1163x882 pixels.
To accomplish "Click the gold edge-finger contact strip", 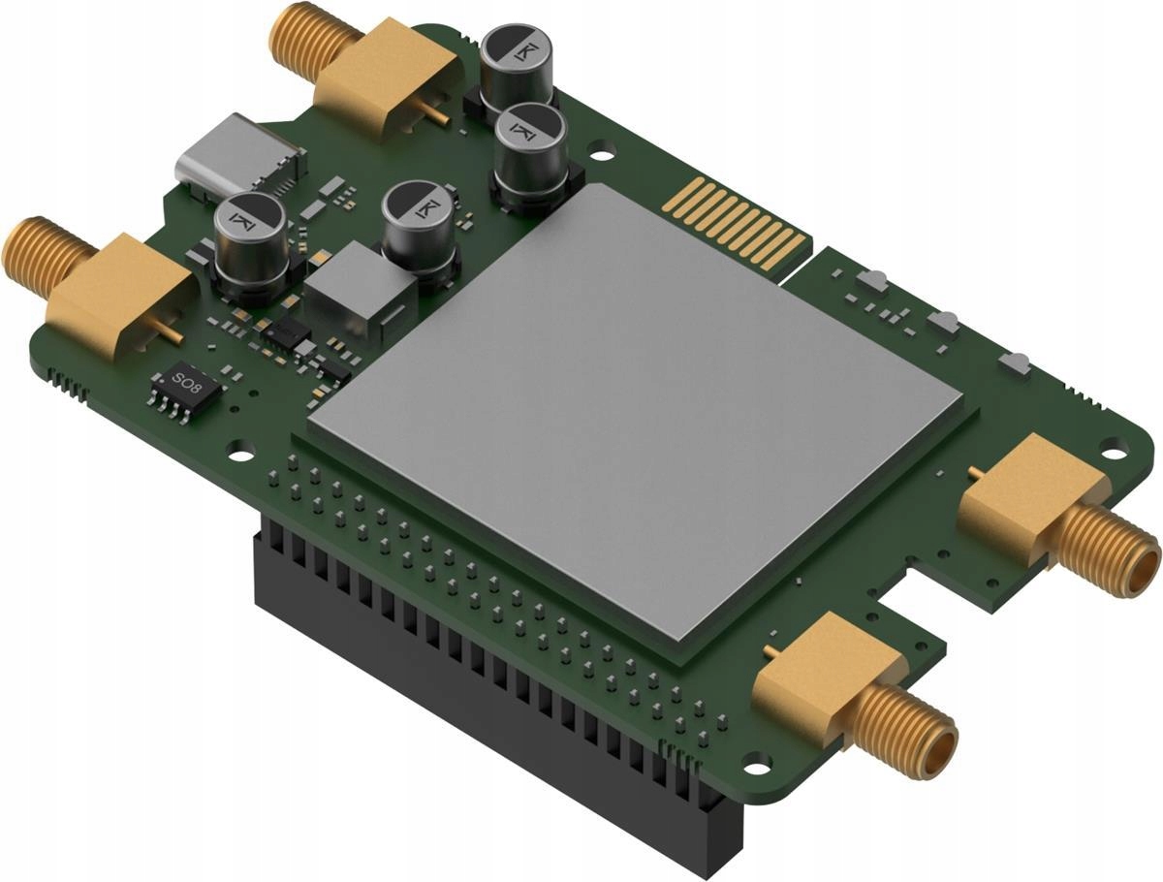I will pyautogui.click(x=737, y=222).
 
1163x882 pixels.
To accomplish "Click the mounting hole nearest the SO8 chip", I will pyautogui.click(x=239, y=450).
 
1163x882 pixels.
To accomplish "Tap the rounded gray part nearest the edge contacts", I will pyautogui.click(x=871, y=282).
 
